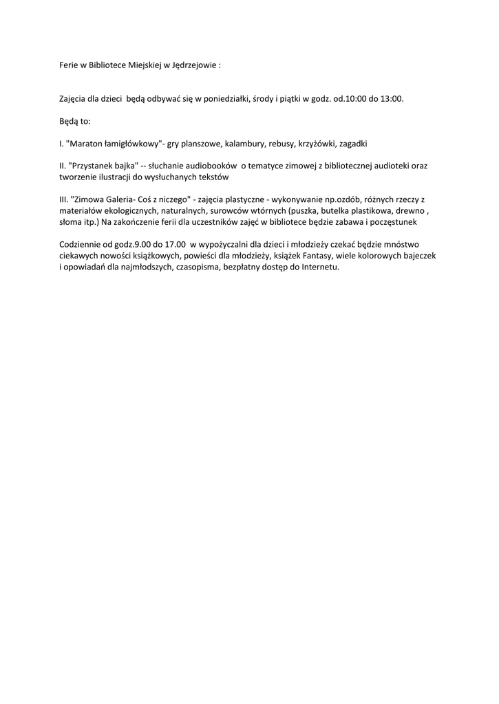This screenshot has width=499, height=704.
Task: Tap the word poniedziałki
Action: (229, 99)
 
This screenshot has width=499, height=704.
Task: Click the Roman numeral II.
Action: (62, 166)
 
